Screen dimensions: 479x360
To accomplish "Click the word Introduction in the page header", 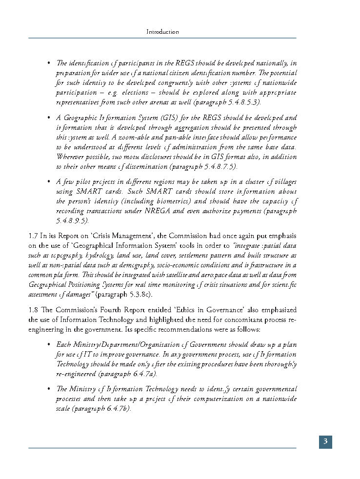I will [x=163, y=32].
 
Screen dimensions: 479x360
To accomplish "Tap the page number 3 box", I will [x=325, y=442].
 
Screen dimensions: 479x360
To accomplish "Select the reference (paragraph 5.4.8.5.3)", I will [x=227, y=102].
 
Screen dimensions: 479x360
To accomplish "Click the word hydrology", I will [x=100, y=255].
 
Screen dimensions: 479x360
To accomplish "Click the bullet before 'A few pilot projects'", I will [x=49, y=181].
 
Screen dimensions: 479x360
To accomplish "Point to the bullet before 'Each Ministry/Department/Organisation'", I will [x=49, y=344].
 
